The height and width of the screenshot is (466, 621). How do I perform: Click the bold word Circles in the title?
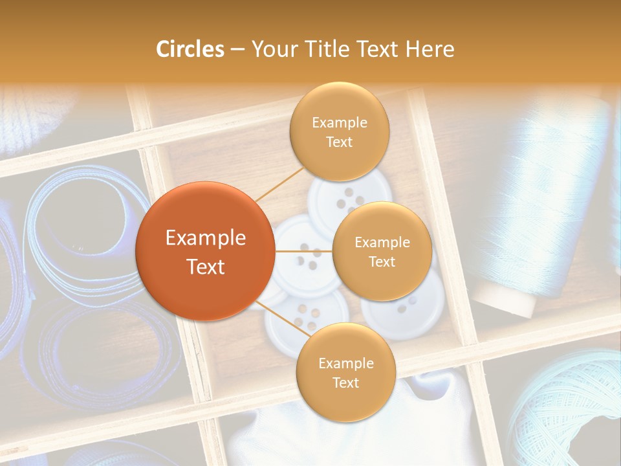pyautogui.click(x=190, y=49)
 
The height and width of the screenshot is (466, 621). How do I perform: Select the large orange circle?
pyautogui.click(x=204, y=251)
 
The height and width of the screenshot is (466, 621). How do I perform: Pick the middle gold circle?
pyautogui.click(x=382, y=252)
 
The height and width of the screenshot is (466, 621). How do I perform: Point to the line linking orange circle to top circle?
pyautogui.click(x=279, y=183)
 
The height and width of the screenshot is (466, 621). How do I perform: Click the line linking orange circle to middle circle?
pyautogui.click(x=303, y=251)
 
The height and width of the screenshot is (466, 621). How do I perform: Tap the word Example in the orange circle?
pyautogui.click(x=205, y=238)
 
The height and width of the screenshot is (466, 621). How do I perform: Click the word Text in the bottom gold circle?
pyautogui.click(x=345, y=383)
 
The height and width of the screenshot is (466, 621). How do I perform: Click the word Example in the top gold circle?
pyautogui.click(x=339, y=123)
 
